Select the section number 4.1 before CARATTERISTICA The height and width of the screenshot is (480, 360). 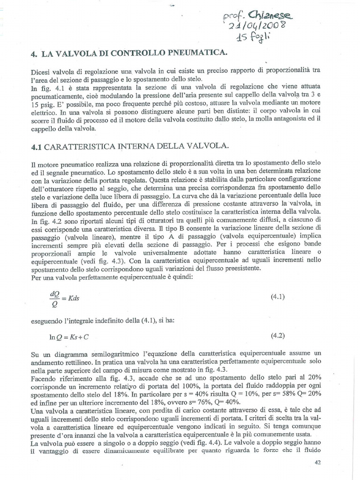pyautogui.click(x=37, y=146)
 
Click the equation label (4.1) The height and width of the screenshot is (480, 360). pyautogui.click(x=278, y=297)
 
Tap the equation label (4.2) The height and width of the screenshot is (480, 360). pyautogui.click(x=278, y=336)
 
